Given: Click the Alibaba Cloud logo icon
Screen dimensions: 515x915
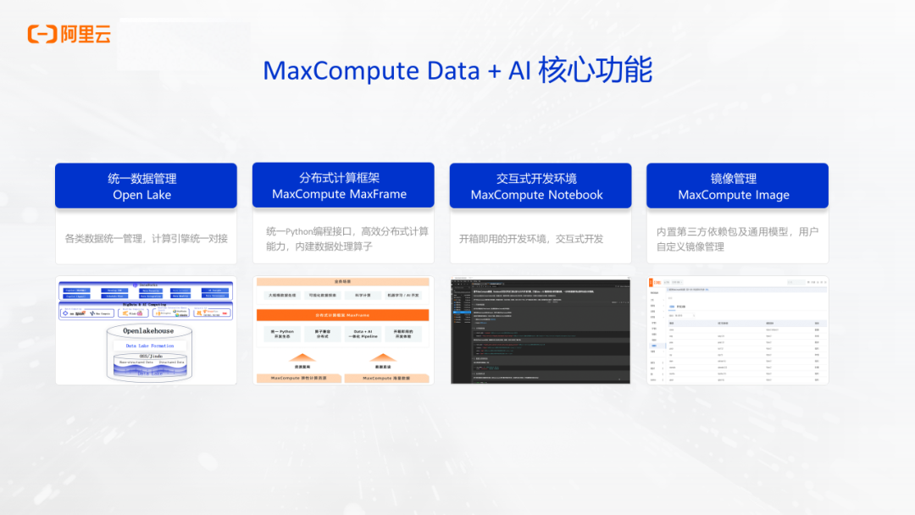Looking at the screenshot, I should click(42, 34).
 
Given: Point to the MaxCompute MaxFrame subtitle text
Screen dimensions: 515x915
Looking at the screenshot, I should click(339, 194).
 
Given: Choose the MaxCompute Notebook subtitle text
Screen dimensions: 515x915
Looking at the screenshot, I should click(536, 195).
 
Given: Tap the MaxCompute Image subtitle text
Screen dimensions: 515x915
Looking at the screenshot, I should click(734, 195).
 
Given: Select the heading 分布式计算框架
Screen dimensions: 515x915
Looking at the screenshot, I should click(339, 178).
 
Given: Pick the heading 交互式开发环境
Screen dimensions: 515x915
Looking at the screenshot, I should click(536, 179).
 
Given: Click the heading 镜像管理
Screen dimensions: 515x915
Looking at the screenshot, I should click(734, 179).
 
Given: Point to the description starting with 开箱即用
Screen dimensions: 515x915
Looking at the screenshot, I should click(531, 239).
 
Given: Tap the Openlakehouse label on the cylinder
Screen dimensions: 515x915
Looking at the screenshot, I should click(147, 330).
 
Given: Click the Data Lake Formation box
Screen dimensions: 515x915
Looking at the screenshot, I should click(149, 346).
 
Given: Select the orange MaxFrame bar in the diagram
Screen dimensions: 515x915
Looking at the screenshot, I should click(342, 314).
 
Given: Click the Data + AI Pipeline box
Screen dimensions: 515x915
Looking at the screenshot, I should click(363, 334).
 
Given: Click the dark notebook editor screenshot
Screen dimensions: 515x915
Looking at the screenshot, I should click(540, 330).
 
